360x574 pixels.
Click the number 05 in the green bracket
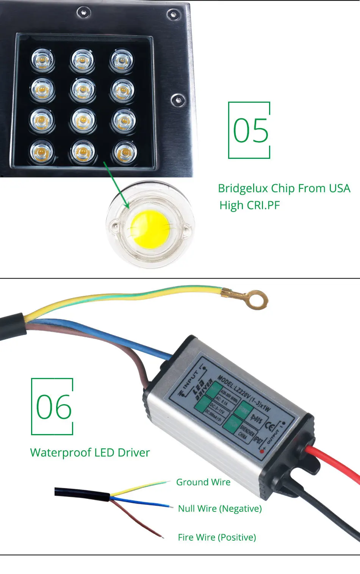[x=250, y=130]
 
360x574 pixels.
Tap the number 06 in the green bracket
[x=54, y=407]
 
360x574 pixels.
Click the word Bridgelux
[x=242, y=188]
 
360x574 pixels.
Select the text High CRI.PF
[x=249, y=205]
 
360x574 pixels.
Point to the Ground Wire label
[x=203, y=482]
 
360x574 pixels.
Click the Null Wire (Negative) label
[x=220, y=509]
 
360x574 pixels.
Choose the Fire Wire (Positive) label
[x=217, y=537]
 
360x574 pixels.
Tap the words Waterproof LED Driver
[x=90, y=453]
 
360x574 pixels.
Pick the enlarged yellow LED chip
[x=150, y=229]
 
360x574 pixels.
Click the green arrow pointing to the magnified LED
[x=117, y=185]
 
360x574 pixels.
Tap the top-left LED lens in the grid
[x=43, y=60]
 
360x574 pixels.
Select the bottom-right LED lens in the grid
[x=124, y=151]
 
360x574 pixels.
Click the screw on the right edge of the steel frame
[x=177, y=100]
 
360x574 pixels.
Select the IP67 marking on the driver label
[x=257, y=439]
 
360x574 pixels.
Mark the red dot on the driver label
[x=262, y=452]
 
